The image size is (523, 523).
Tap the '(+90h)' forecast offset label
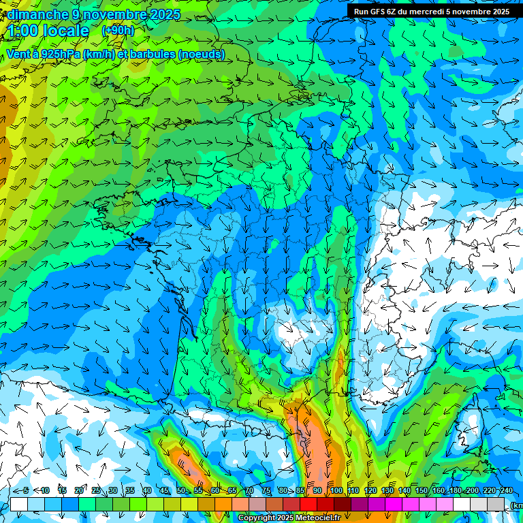[x=118, y=31]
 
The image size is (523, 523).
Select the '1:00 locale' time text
[x=48, y=31]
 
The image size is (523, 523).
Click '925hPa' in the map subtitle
[x=59, y=54]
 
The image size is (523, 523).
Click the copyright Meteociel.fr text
[x=289, y=518]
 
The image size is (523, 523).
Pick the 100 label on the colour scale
[x=336, y=490]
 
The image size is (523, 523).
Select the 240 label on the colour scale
[x=506, y=490]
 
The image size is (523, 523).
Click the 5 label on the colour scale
[x=25, y=490]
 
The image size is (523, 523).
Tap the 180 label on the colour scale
[x=455, y=490]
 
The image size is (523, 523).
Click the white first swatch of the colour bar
[x=19, y=504]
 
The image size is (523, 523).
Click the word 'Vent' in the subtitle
[x=19, y=54]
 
